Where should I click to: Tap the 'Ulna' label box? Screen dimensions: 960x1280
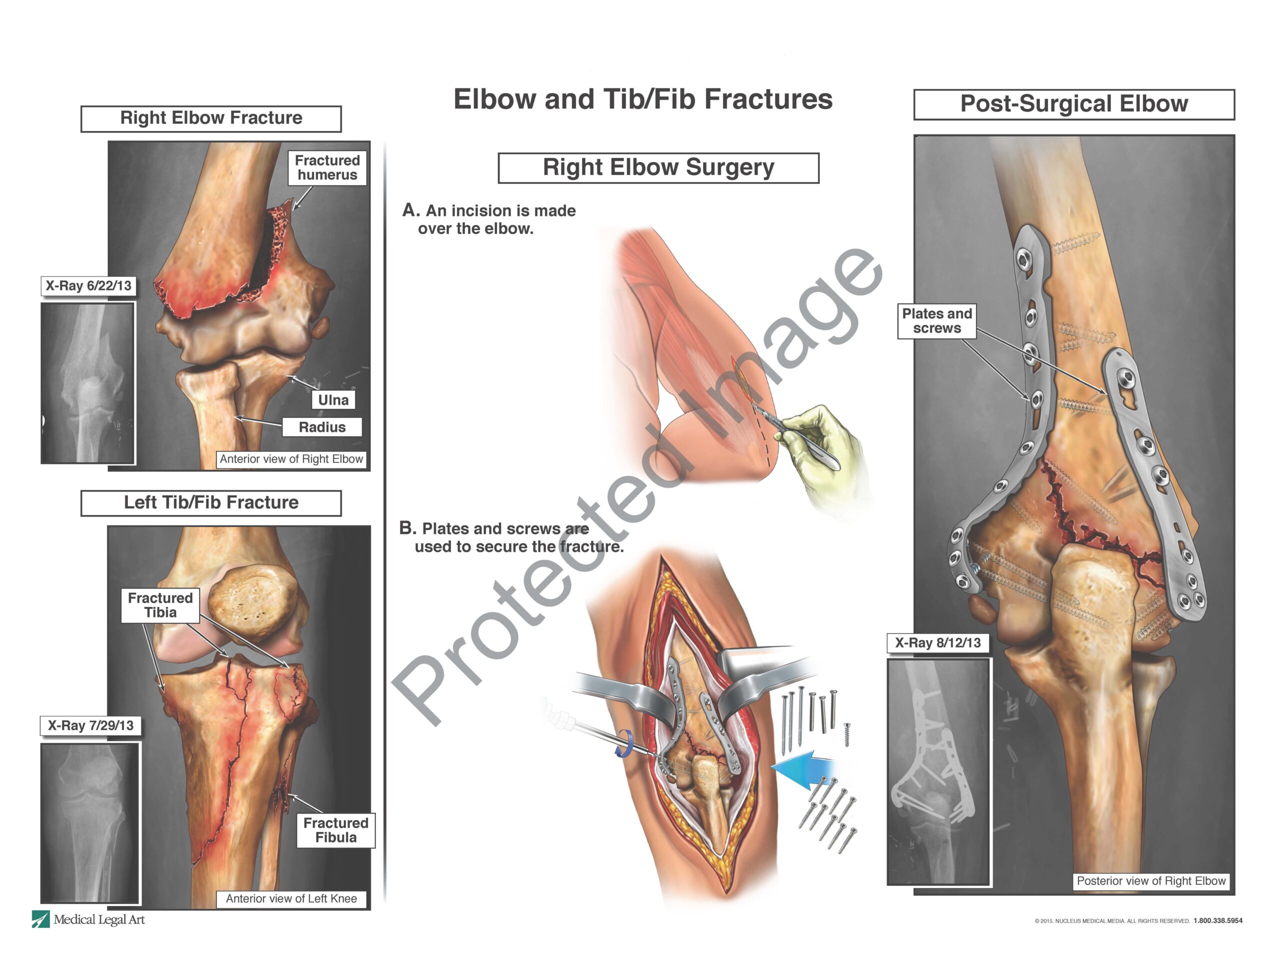(x=333, y=400)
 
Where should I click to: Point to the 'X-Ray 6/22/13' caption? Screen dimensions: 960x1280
(x=88, y=286)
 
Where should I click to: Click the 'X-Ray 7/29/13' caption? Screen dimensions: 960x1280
(x=90, y=725)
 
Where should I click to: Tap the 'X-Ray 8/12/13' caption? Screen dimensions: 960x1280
(x=937, y=643)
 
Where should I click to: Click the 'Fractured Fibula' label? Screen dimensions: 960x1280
(x=335, y=830)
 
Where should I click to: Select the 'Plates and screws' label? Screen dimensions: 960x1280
(x=936, y=321)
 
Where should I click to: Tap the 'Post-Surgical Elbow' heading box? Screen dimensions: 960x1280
(x=1073, y=104)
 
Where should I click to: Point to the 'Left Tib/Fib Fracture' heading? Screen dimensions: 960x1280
(x=210, y=502)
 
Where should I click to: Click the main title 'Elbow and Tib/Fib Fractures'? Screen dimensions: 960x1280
(x=642, y=99)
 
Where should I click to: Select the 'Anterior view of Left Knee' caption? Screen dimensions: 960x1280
(x=291, y=898)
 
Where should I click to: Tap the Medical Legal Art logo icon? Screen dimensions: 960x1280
(x=40, y=919)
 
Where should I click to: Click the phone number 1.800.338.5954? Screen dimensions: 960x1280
(x=1217, y=920)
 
